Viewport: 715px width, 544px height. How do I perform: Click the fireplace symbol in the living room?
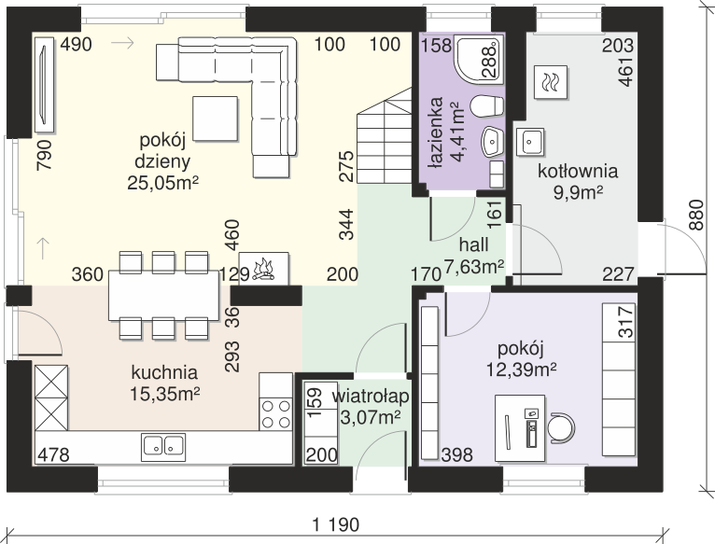point(263,269)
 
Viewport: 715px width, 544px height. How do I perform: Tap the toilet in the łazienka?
point(486,106)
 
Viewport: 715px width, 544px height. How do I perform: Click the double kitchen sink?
point(163,445)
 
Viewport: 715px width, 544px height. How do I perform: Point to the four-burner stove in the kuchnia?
point(276,413)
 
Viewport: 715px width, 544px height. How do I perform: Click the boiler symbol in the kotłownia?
point(551,82)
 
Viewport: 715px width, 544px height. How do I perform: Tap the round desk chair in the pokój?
point(561,428)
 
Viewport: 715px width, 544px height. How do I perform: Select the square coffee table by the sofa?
point(216,119)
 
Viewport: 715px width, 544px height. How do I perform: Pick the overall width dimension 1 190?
point(336,524)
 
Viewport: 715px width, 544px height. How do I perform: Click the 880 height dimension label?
point(696,215)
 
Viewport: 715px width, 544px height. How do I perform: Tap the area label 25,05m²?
point(162,183)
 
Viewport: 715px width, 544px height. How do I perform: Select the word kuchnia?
point(164,372)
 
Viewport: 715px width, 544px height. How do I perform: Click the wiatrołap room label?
point(371,397)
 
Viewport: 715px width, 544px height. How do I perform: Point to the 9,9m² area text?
point(578,192)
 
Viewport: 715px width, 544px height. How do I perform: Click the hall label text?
point(474,244)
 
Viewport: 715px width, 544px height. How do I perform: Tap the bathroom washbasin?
point(493,141)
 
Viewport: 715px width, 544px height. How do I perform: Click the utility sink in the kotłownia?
point(530,142)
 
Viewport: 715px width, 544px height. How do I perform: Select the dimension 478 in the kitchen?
point(54,454)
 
